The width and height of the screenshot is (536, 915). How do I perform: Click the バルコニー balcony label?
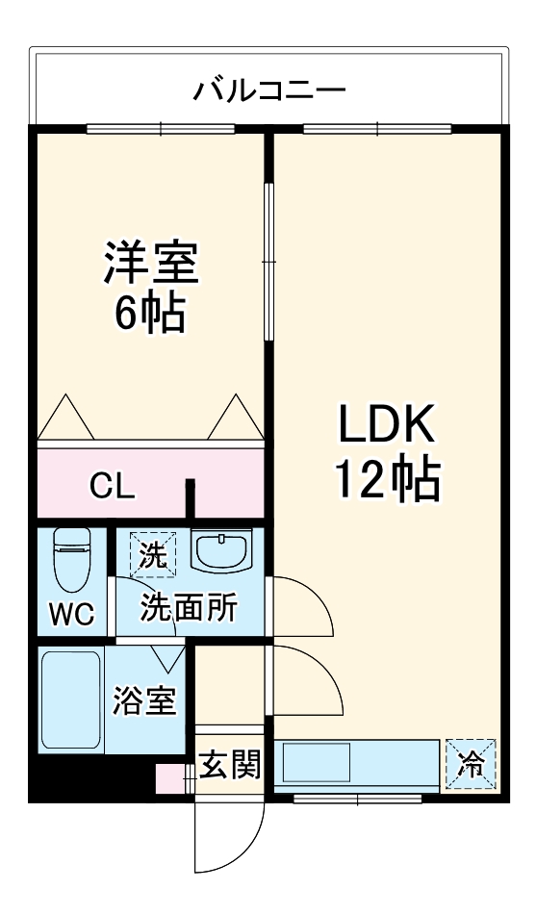pos(268,91)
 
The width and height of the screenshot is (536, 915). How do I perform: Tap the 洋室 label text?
pos(151,264)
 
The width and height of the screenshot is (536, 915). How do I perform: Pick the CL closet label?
pos(114,487)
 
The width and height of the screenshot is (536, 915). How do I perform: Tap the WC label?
pos(71,614)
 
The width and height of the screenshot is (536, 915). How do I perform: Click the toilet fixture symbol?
pos(70,563)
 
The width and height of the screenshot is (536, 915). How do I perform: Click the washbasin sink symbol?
pos(221,552)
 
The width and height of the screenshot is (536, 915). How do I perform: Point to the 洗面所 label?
pos(190,608)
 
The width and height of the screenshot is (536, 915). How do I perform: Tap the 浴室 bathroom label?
pos(145,701)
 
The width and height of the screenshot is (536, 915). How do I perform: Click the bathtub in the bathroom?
pos(71,701)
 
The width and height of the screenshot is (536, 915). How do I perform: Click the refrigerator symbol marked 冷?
pos(472,765)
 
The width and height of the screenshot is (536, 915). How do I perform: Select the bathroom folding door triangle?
pos(169,658)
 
